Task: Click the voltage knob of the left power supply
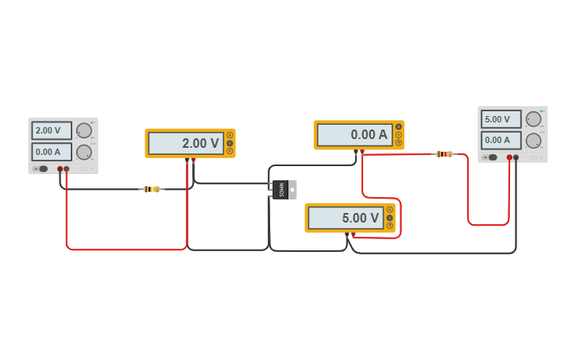click(x=83, y=131)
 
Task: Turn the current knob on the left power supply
click(x=83, y=153)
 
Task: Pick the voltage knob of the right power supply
click(x=533, y=119)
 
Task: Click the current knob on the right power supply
click(x=533, y=141)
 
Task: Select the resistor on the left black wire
click(x=151, y=189)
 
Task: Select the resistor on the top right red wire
click(x=444, y=154)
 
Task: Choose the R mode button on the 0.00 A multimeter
click(x=399, y=143)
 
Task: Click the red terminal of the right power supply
click(x=509, y=157)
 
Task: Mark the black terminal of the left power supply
click(x=60, y=168)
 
